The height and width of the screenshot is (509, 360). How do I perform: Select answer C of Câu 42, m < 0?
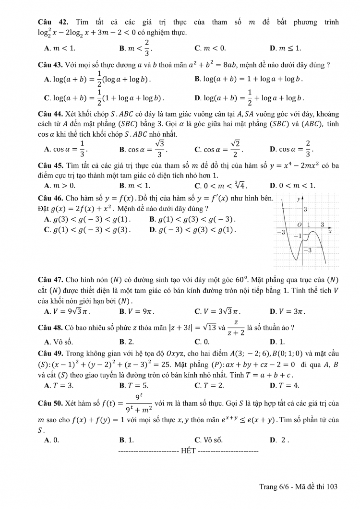coord(210,48)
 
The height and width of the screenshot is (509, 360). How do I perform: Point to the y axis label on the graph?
coord(298,198)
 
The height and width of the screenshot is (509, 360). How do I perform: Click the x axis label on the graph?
coord(330,231)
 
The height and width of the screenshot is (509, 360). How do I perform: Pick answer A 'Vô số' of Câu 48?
coord(58,342)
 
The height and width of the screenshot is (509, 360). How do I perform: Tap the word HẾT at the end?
coord(188,451)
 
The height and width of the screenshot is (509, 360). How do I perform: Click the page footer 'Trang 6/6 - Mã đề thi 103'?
coord(299,486)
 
